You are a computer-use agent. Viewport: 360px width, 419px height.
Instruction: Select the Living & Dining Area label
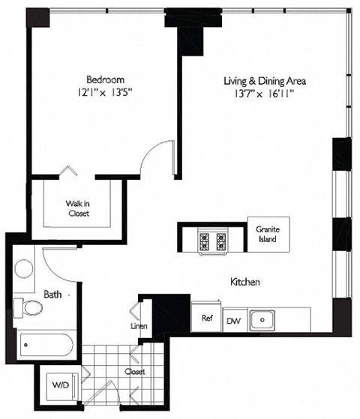tap(265, 81)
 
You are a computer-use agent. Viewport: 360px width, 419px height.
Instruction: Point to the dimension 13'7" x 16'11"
tap(266, 94)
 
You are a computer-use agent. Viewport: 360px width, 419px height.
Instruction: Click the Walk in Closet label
tap(76, 207)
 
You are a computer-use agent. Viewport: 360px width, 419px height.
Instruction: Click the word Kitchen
tap(244, 283)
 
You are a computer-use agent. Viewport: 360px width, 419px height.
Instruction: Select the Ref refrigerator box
tap(206, 318)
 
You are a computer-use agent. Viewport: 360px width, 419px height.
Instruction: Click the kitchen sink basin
tap(262, 319)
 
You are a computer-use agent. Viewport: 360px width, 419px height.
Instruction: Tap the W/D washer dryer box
tap(59, 385)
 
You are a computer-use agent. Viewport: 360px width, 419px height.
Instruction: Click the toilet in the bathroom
tap(31, 308)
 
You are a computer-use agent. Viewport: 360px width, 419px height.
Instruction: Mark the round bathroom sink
tap(23, 268)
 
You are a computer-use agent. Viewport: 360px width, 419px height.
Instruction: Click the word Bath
tap(52, 295)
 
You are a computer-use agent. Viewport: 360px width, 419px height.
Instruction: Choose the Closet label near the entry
tap(135, 371)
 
